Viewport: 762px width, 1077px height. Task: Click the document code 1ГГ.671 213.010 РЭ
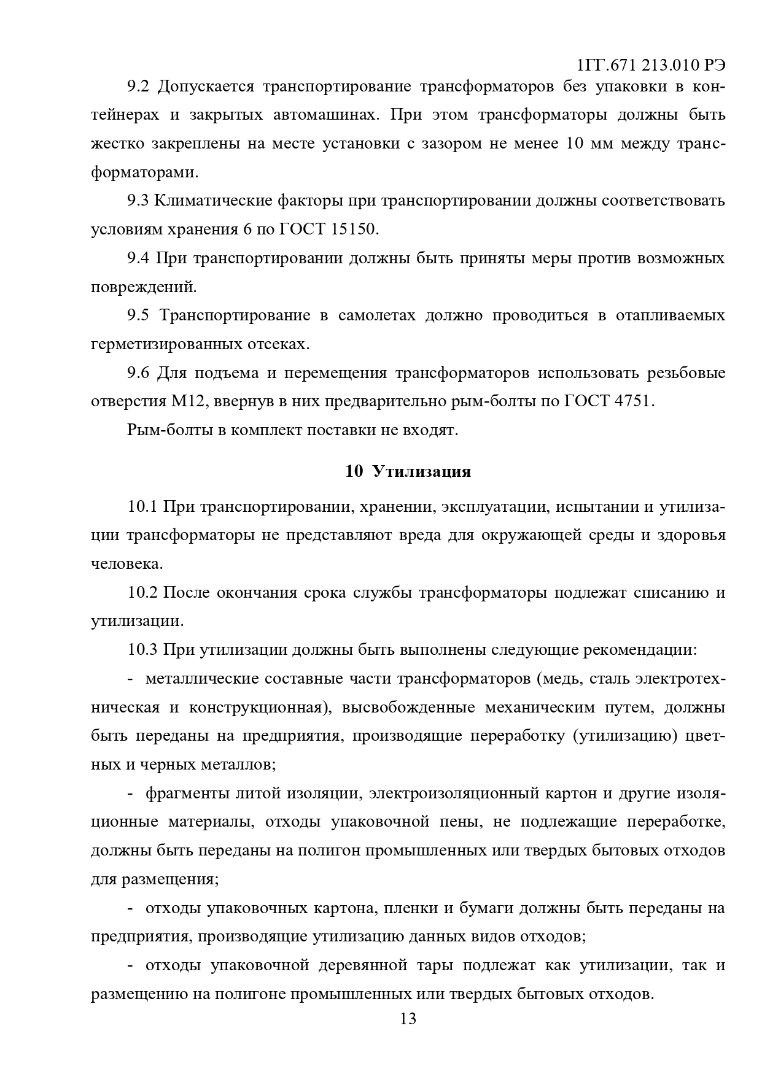[651, 65]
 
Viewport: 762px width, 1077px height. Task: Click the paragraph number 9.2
[138, 87]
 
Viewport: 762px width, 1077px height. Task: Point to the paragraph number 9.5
[138, 315]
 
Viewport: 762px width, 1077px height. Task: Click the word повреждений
[143, 287]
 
